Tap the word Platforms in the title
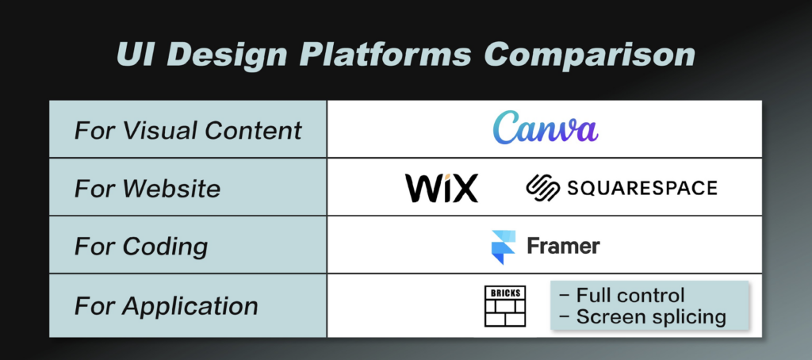[x=385, y=54]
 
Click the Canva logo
[x=545, y=128]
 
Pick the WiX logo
[x=441, y=188]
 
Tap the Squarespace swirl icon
[x=542, y=187]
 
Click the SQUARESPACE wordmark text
[x=642, y=187]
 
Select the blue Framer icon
[x=504, y=247]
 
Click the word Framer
[x=564, y=246]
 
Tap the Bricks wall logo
[x=505, y=306]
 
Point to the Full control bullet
[x=622, y=295]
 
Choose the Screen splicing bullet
[x=643, y=316]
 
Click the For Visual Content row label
[x=188, y=130]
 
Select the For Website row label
[x=147, y=188]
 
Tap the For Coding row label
[x=141, y=247]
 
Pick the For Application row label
[x=167, y=306]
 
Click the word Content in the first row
[x=253, y=130]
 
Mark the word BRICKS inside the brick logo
[x=505, y=293]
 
